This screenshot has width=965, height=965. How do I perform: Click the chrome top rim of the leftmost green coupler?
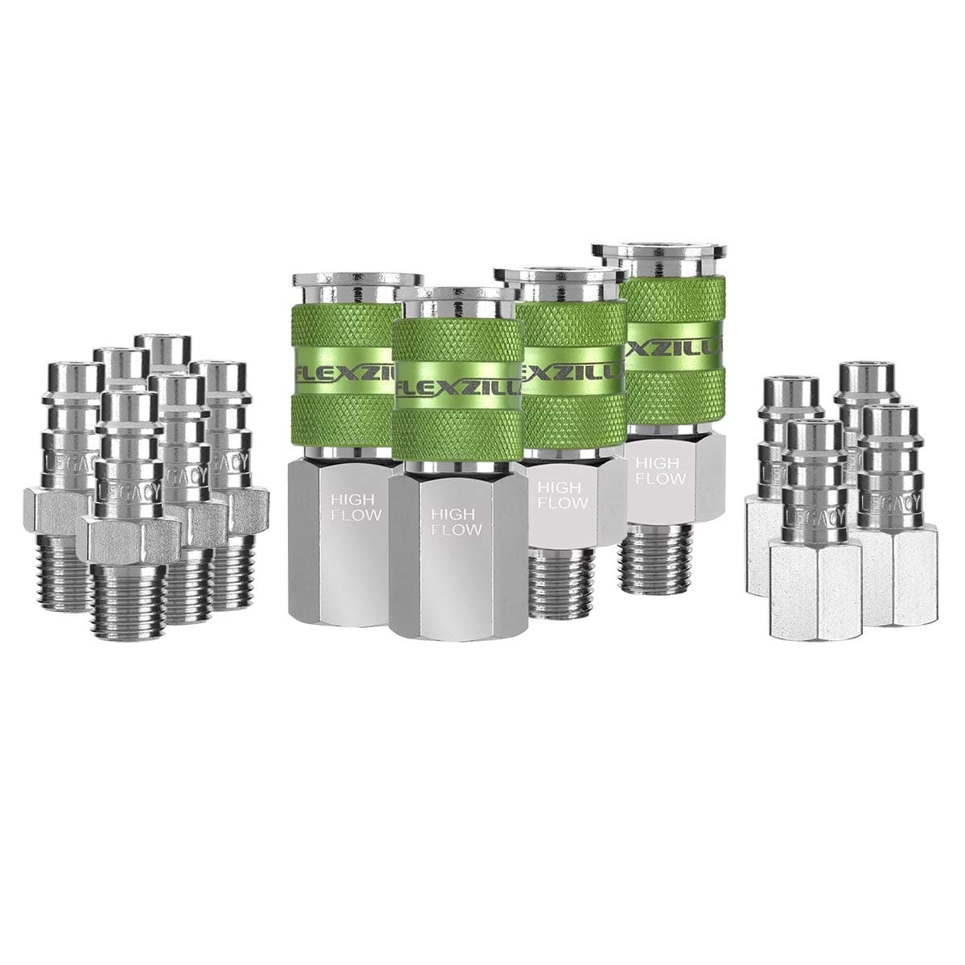tap(354, 279)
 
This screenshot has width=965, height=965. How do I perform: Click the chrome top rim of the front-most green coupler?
tap(456, 294)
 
